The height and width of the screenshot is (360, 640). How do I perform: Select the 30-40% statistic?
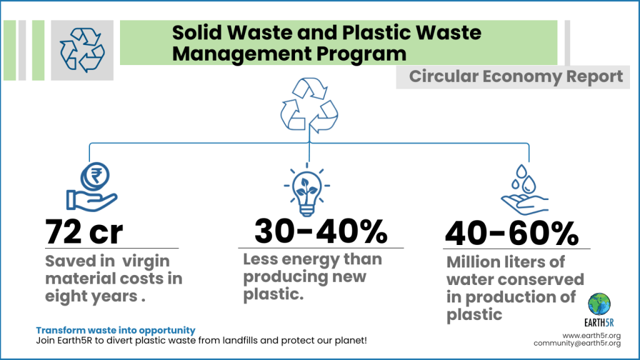321,232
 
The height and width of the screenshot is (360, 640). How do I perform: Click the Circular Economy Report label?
516,76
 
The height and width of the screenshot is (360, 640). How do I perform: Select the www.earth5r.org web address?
591,336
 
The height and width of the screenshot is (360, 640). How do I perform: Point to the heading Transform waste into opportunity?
116,330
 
